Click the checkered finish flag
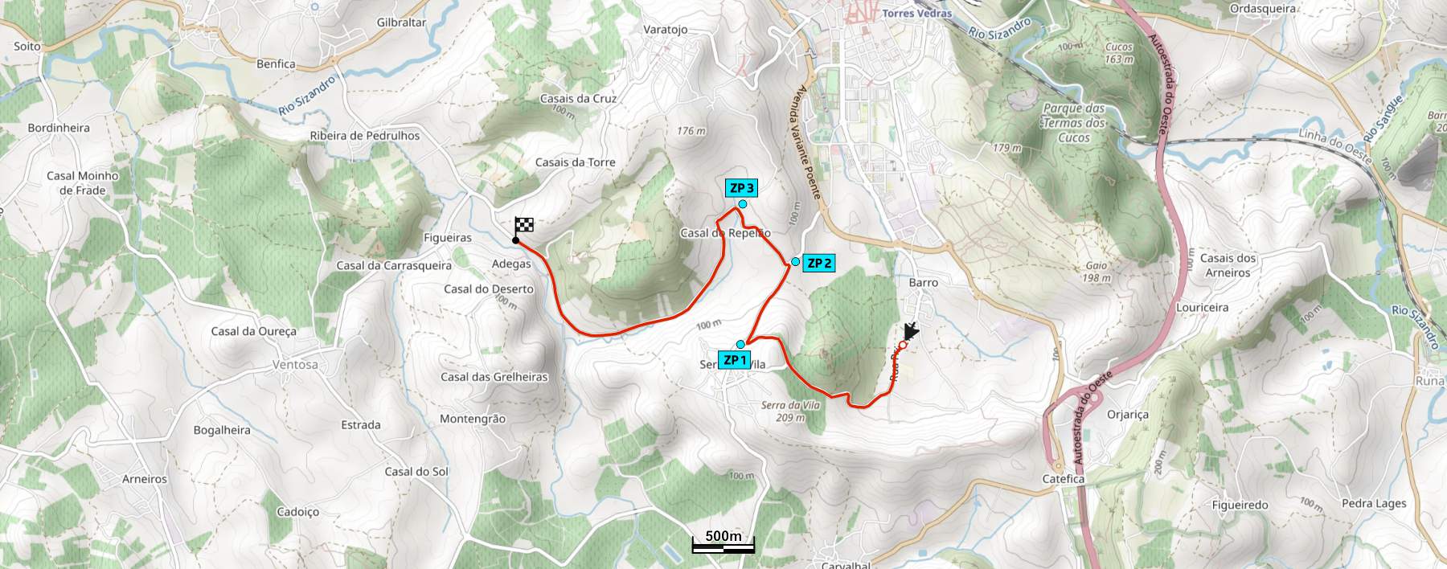(523, 226)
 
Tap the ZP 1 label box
(735, 360)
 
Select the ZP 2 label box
(819, 263)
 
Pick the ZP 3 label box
(741, 188)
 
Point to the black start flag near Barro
(910, 331)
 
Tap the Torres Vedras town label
(916, 14)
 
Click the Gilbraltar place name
(401, 23)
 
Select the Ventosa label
(295, 365)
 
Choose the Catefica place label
(1063, 479)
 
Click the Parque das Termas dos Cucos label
(1074, 123)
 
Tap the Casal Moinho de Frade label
(83, 183)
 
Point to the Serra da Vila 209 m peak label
(790, 411)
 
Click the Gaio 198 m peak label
(1097, 272)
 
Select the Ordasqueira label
(1263, 9)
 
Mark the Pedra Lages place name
(1374, 504)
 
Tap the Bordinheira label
(59, 128)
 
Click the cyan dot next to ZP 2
(795, 262)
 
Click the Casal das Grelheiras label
(494, 377)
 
